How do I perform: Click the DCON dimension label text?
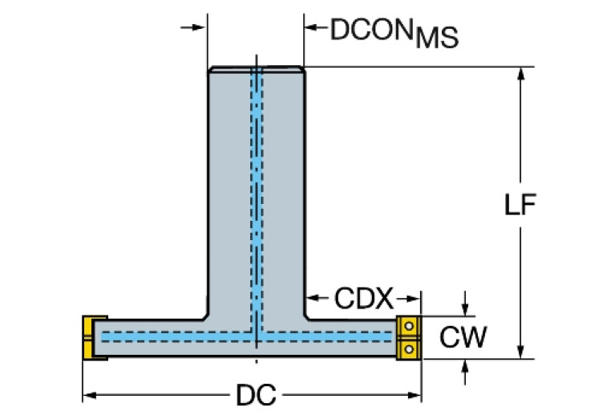[371, 30]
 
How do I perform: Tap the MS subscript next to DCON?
[435, 37]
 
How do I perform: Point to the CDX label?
[363, 300]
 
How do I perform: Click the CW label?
[463, 337]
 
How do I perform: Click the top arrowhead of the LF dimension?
[522, 73]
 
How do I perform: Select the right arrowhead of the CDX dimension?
[415, 300]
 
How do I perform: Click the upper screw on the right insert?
[409, 327]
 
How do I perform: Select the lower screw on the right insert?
[409, 348]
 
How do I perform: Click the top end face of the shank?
[256, 68]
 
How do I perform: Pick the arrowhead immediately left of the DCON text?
[311, 27]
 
